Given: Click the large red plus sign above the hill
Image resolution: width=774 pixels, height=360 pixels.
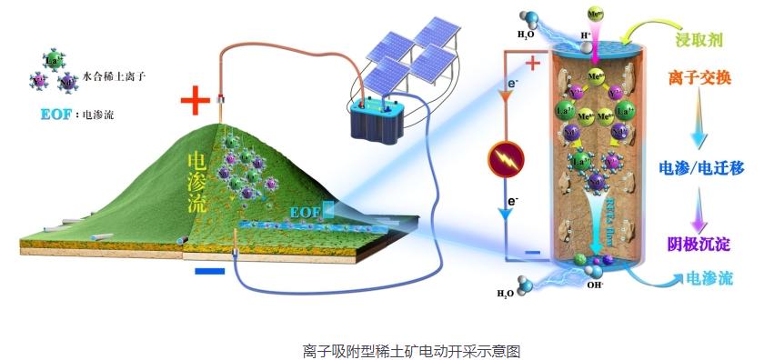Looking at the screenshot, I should coord(196,100).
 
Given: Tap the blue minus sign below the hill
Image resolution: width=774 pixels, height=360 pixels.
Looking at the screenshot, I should coord(209,270).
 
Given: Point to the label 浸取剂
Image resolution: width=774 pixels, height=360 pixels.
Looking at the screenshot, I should coord(699,41).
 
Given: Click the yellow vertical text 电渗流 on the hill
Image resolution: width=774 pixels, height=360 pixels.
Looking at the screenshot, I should coord(196,183).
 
